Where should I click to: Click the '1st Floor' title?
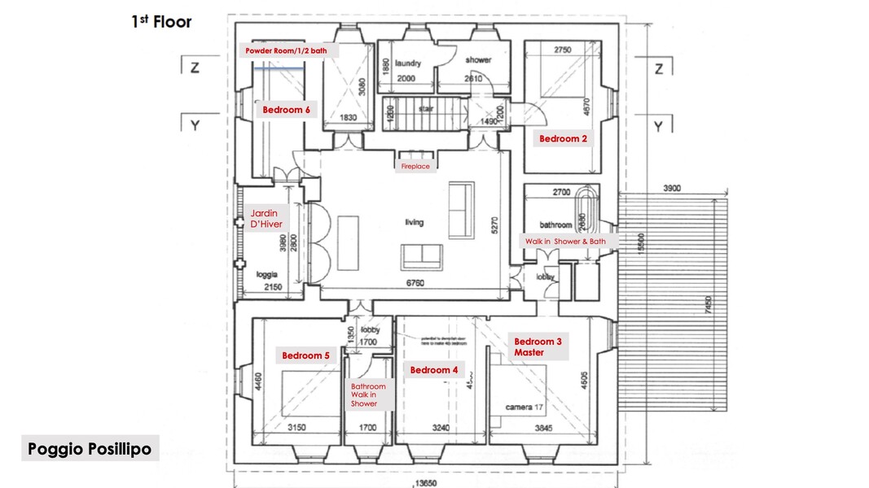[162, 21]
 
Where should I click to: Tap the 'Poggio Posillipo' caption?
[90, 449]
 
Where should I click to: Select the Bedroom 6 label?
[285, 109]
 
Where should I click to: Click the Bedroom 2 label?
[563, 139]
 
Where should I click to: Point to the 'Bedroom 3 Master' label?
[538, 347]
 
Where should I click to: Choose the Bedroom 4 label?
[434, 370]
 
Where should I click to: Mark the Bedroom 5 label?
[306, 355]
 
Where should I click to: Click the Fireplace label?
[415, 166]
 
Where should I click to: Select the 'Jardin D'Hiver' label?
[265, 219]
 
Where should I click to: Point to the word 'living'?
[415, 222]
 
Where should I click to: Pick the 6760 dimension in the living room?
[415, 284]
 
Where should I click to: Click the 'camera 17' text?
[524, 407]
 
